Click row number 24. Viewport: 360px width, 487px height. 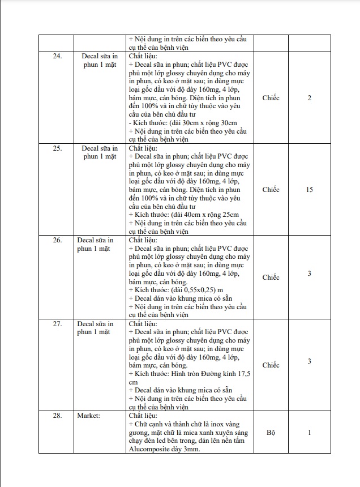click(57, 57)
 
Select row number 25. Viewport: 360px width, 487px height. click(57, 148)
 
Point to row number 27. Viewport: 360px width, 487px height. click(57, 324)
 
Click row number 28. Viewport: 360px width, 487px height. click(57, 416)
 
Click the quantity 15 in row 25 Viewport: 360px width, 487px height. click(309, 190)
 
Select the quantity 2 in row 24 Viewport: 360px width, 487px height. click(309, 98)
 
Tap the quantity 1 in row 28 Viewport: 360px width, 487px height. click(309, 433)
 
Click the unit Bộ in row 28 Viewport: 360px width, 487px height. click(271, 433)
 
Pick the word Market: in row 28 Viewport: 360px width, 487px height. click(88, 416)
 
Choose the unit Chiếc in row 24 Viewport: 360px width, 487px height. click(271, 98)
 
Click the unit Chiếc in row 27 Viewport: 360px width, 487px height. click(271, 365)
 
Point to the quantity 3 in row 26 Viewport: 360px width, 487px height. click(309, 274)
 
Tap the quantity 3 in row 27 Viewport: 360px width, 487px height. click(309, 361)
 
